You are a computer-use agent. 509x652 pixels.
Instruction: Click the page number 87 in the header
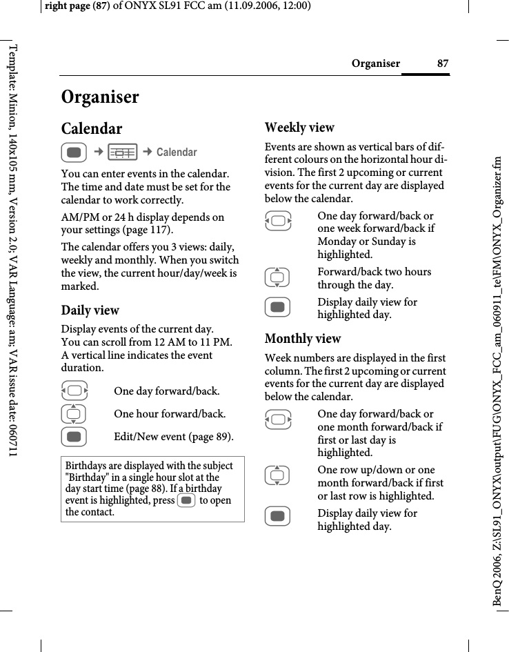coord(443,64)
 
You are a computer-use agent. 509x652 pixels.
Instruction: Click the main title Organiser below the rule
coord(100,97)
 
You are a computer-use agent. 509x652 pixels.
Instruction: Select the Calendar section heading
coord(92,129)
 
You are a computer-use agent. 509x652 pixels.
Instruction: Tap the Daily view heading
coord(90,310)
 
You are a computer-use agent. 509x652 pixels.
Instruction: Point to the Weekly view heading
coord(299,128)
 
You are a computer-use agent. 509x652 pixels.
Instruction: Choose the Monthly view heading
coord(303,339)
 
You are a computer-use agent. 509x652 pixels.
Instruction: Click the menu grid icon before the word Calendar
coord(123,152)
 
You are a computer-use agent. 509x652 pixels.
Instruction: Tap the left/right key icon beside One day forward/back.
coord(74,392)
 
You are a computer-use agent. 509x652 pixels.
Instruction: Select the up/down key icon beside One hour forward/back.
coord(74,415)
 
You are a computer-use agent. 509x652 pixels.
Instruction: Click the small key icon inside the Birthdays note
coord(186,500)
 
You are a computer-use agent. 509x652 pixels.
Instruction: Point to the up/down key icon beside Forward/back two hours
coord(277,277)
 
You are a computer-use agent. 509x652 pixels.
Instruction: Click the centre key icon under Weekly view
coord(277,308)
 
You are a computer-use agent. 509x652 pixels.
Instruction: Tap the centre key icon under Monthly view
coord(277,519)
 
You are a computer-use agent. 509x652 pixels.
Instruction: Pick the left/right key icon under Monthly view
coord(277,419)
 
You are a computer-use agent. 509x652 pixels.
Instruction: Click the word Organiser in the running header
coord(375,64)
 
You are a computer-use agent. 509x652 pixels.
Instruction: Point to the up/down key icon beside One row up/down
coord(277,475)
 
